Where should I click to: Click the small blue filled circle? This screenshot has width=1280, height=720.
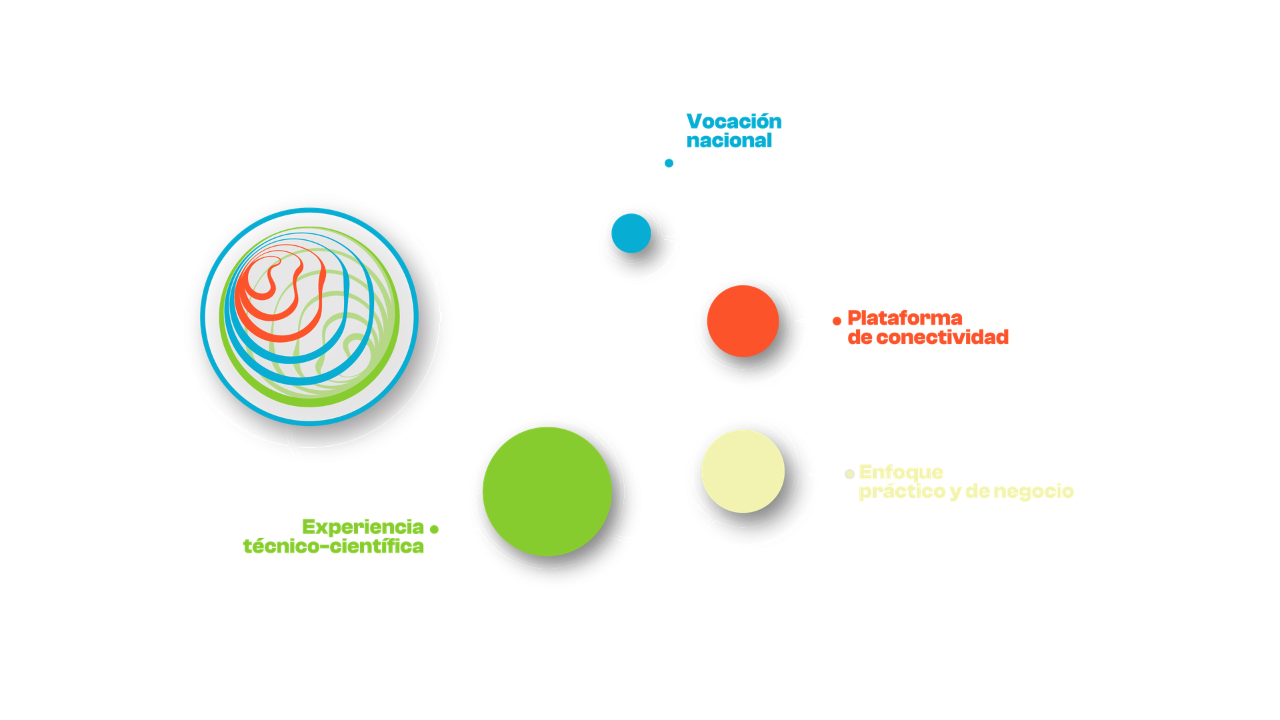[631, 233]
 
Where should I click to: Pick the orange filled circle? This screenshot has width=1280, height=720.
[742, 321]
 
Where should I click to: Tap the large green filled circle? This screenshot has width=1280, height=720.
[547, 492]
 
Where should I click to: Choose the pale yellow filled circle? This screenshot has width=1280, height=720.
[743, 471]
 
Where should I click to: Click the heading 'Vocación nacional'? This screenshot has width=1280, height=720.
[734, 131]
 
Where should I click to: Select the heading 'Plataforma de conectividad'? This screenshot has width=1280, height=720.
[927, 327]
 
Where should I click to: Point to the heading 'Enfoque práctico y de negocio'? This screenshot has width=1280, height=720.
[965, 482]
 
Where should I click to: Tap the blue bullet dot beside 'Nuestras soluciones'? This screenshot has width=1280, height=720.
[669, 163]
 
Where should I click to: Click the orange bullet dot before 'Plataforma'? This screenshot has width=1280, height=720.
[837, 321]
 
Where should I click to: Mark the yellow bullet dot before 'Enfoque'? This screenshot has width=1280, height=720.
[849, 474]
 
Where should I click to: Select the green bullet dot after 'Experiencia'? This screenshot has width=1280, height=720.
[434, 529]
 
